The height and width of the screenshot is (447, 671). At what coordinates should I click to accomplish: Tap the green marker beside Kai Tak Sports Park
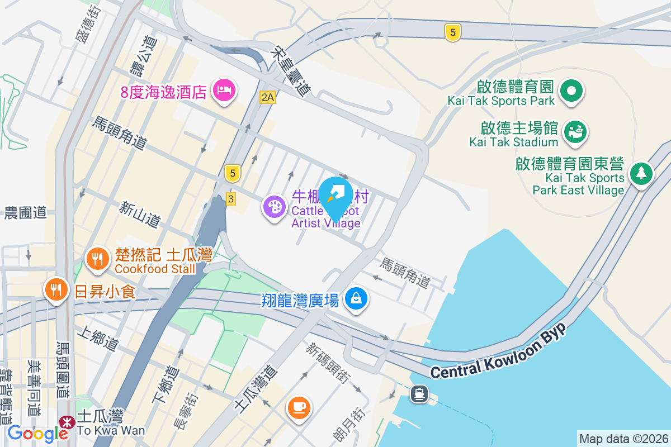[x=572, y=90]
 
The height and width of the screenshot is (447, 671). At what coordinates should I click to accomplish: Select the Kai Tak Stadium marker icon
[x=575, y=131]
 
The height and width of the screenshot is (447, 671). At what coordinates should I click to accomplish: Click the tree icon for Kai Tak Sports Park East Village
[x=641, y=173]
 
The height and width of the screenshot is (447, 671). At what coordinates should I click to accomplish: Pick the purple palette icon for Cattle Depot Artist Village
[x=275, y=207]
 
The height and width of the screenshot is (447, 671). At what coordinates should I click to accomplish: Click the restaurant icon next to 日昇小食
[x=55, y=289]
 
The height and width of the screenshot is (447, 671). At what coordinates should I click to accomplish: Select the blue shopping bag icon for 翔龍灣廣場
[x=356, y=298]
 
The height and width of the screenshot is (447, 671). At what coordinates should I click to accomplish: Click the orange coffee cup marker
[x=299, y=406]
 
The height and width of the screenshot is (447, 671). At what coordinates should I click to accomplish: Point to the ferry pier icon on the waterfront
[x=419, y=394]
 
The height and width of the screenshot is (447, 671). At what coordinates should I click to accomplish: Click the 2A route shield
[x=268, y=97]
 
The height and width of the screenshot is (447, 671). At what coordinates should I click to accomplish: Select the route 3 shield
[x=230, y=198]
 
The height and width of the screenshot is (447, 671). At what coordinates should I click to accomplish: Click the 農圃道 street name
[x=25, y=213]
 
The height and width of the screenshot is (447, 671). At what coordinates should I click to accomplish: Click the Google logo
[x=38, y=433]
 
